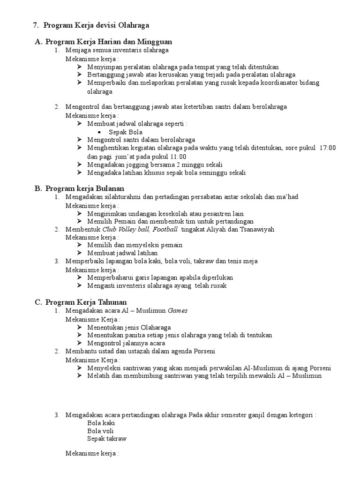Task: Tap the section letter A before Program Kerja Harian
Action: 38,42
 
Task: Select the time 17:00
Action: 327,148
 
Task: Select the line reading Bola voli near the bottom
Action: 100,431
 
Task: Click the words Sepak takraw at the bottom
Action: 106,439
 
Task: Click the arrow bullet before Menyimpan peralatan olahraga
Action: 79,67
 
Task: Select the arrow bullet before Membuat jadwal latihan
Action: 79,253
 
